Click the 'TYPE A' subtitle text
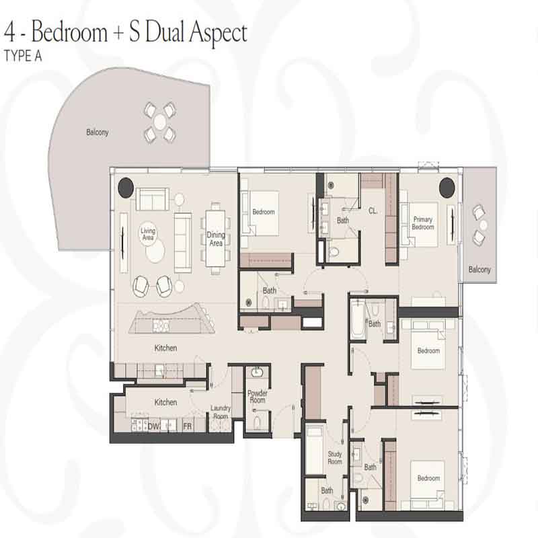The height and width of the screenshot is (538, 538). click(x=23, y=56)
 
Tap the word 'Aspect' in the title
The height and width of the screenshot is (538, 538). click(x=218, y=33)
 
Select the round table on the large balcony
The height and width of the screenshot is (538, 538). click(x=160, y=122)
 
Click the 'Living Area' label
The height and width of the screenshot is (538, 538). click(x=148, y=233)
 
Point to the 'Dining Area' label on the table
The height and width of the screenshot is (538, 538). click(x=216, y=239)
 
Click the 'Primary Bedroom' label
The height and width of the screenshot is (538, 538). click(x=423, y=223)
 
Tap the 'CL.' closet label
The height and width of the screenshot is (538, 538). click(x=373, y=210)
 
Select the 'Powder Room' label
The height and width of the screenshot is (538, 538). click(x=258, y=397)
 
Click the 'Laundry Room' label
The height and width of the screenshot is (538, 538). click(x=221, y=412)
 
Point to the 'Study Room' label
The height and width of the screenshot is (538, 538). click(x=335, y=458)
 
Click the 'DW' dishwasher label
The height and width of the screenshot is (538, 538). click(x=153, y=426)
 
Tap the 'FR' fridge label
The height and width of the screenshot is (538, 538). click(x=188, y=426)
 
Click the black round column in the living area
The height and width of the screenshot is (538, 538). click(x=126, y=188)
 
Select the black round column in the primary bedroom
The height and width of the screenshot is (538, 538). click(x=447, y=188)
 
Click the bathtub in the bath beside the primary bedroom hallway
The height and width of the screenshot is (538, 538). click(x=357, y=319)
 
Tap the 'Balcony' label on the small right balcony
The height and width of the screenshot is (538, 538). click(x=479, y=270)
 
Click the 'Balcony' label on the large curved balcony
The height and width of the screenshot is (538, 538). click(x=97, y=132)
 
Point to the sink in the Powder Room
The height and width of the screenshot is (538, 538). click(x=256, y=373)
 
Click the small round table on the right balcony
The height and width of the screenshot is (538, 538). click(x=484, y=225)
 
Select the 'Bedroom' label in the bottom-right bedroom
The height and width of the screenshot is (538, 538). click(x=428, y=478)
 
